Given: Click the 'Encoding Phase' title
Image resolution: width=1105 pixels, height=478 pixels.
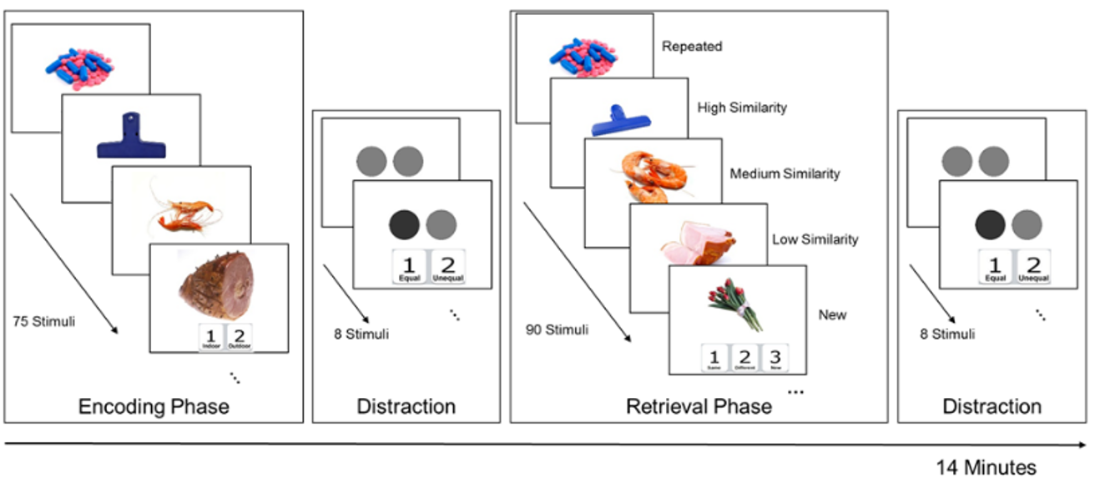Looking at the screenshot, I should (x=154, y=406).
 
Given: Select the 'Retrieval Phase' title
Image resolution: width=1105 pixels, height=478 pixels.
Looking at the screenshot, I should (x=699, y=406).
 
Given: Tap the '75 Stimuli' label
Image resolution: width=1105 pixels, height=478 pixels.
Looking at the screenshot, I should (x=43, y=320).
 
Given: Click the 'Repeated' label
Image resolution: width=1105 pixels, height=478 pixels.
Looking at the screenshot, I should (x=692, y=47).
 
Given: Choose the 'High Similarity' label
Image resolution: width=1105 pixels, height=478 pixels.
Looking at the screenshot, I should (x=742, y=108).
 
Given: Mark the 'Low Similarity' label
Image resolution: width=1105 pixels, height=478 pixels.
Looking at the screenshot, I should (x=815, y=239).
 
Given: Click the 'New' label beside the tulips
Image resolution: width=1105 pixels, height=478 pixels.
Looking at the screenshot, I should (x=832, y=314).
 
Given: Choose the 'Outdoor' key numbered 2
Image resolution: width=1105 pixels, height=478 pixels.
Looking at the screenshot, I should (x=239, y=338).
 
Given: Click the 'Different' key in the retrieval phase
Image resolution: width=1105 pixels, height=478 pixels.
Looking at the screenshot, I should (x=744, y=359).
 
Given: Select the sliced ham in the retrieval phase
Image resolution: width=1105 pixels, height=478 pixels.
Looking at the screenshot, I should (x=699, y=242).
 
